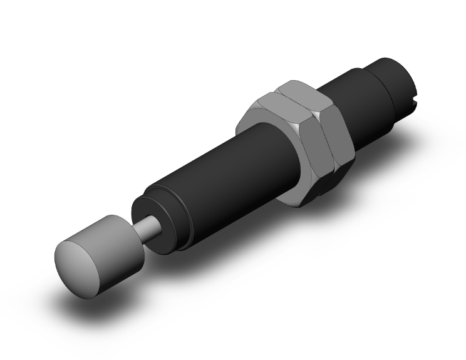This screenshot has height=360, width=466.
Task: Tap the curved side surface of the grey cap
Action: (x=113, y=235)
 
